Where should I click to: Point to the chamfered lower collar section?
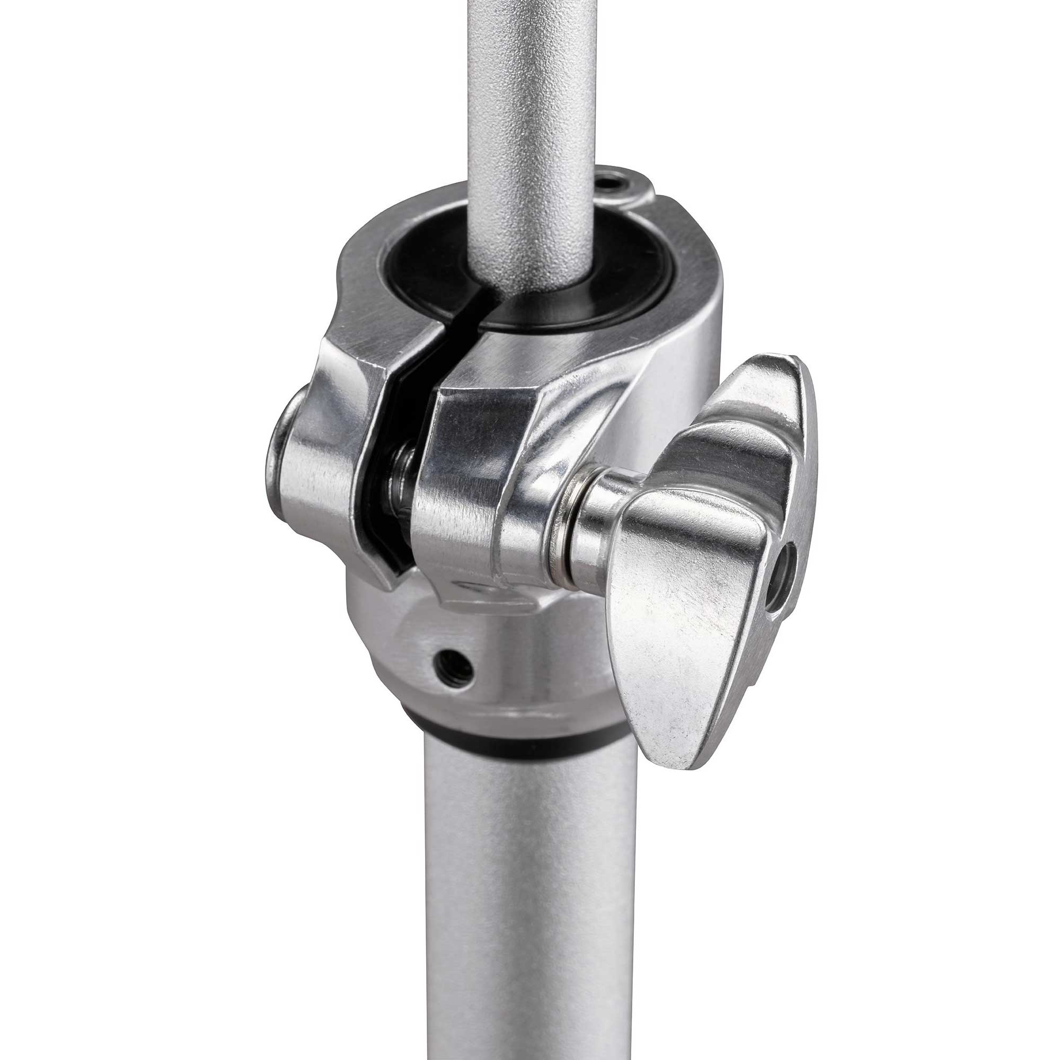click(x=494, y=669)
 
